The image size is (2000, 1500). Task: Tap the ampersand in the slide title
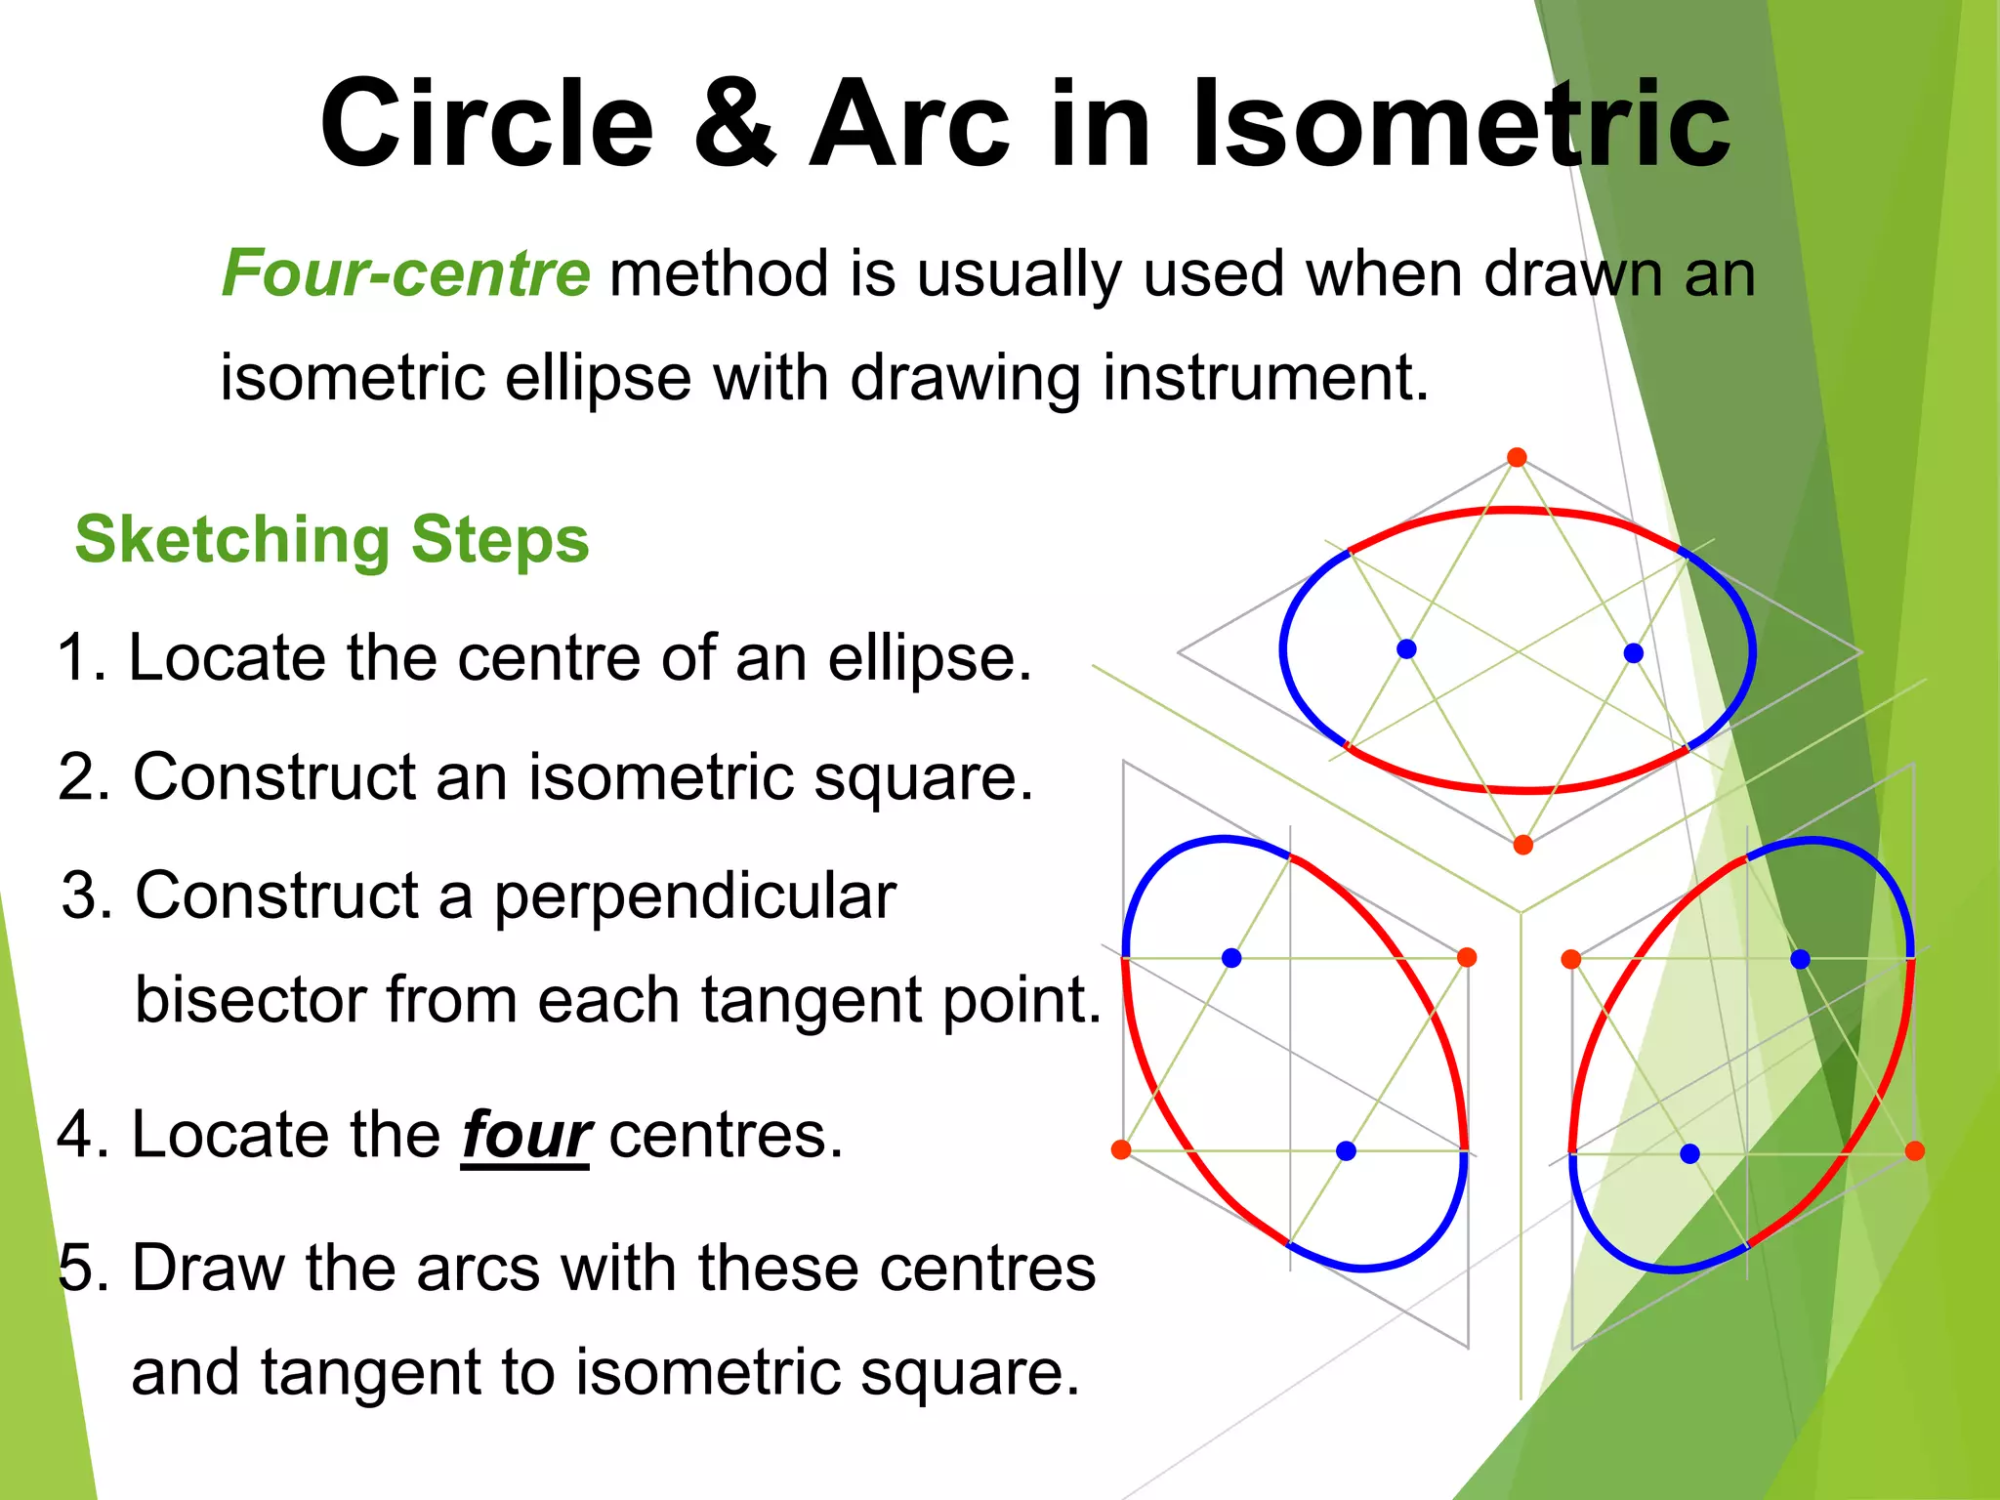[x=735, y=124]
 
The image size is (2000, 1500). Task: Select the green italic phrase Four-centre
[x=405, y=272]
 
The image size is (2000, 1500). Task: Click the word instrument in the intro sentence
[x=1266, y=378]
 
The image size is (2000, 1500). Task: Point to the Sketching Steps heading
[x=332, y=539]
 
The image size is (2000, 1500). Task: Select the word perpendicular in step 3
[x=694, y=896]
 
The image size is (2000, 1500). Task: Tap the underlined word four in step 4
[x=525, y=1136]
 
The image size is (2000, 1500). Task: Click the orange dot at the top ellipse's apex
[x=1517, y=457]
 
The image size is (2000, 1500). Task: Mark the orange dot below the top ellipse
[x=1522, y=845]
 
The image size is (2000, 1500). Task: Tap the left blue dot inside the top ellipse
[x=1406, y=648]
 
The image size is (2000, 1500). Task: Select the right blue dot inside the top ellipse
[x=1634, y=652]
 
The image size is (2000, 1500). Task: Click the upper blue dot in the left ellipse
[x=1231, y=958]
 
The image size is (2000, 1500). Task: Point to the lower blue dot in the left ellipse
[x=1346, y=1151]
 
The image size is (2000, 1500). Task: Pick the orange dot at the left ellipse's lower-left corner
[x=1121, y=1149]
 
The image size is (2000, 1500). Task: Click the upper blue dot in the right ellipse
[x=1800, y=959]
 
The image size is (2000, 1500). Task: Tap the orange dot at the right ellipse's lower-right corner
[x=1914, y=1151]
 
